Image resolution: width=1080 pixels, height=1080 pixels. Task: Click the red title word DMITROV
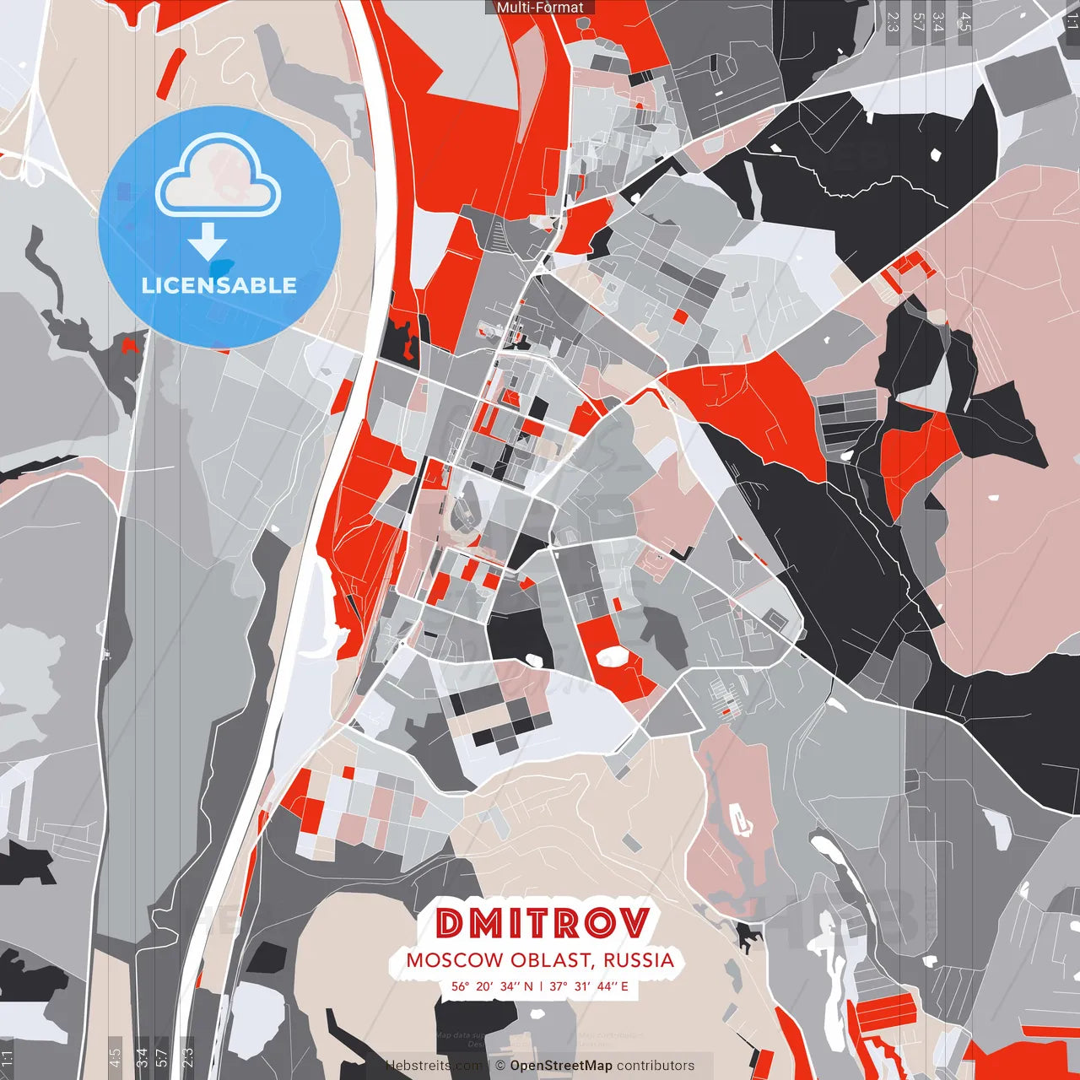544,923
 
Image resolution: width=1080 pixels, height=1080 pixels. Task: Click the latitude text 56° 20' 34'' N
492,985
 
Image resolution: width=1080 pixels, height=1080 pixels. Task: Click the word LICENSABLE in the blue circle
219,285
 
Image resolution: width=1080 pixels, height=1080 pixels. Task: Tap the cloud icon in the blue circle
218,175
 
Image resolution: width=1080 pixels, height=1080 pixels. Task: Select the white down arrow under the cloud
208,242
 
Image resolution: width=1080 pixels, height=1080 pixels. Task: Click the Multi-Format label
540,8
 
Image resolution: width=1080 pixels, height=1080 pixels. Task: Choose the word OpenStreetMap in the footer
560,1066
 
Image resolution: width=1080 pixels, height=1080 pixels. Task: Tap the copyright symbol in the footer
500,1066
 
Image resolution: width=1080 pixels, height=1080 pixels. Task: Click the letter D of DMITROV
451,923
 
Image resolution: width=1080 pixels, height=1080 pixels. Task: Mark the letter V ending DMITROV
634,923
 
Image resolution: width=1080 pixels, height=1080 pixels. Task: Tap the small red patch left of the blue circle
129,345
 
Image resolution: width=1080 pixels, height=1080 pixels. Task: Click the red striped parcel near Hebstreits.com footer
886,1009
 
